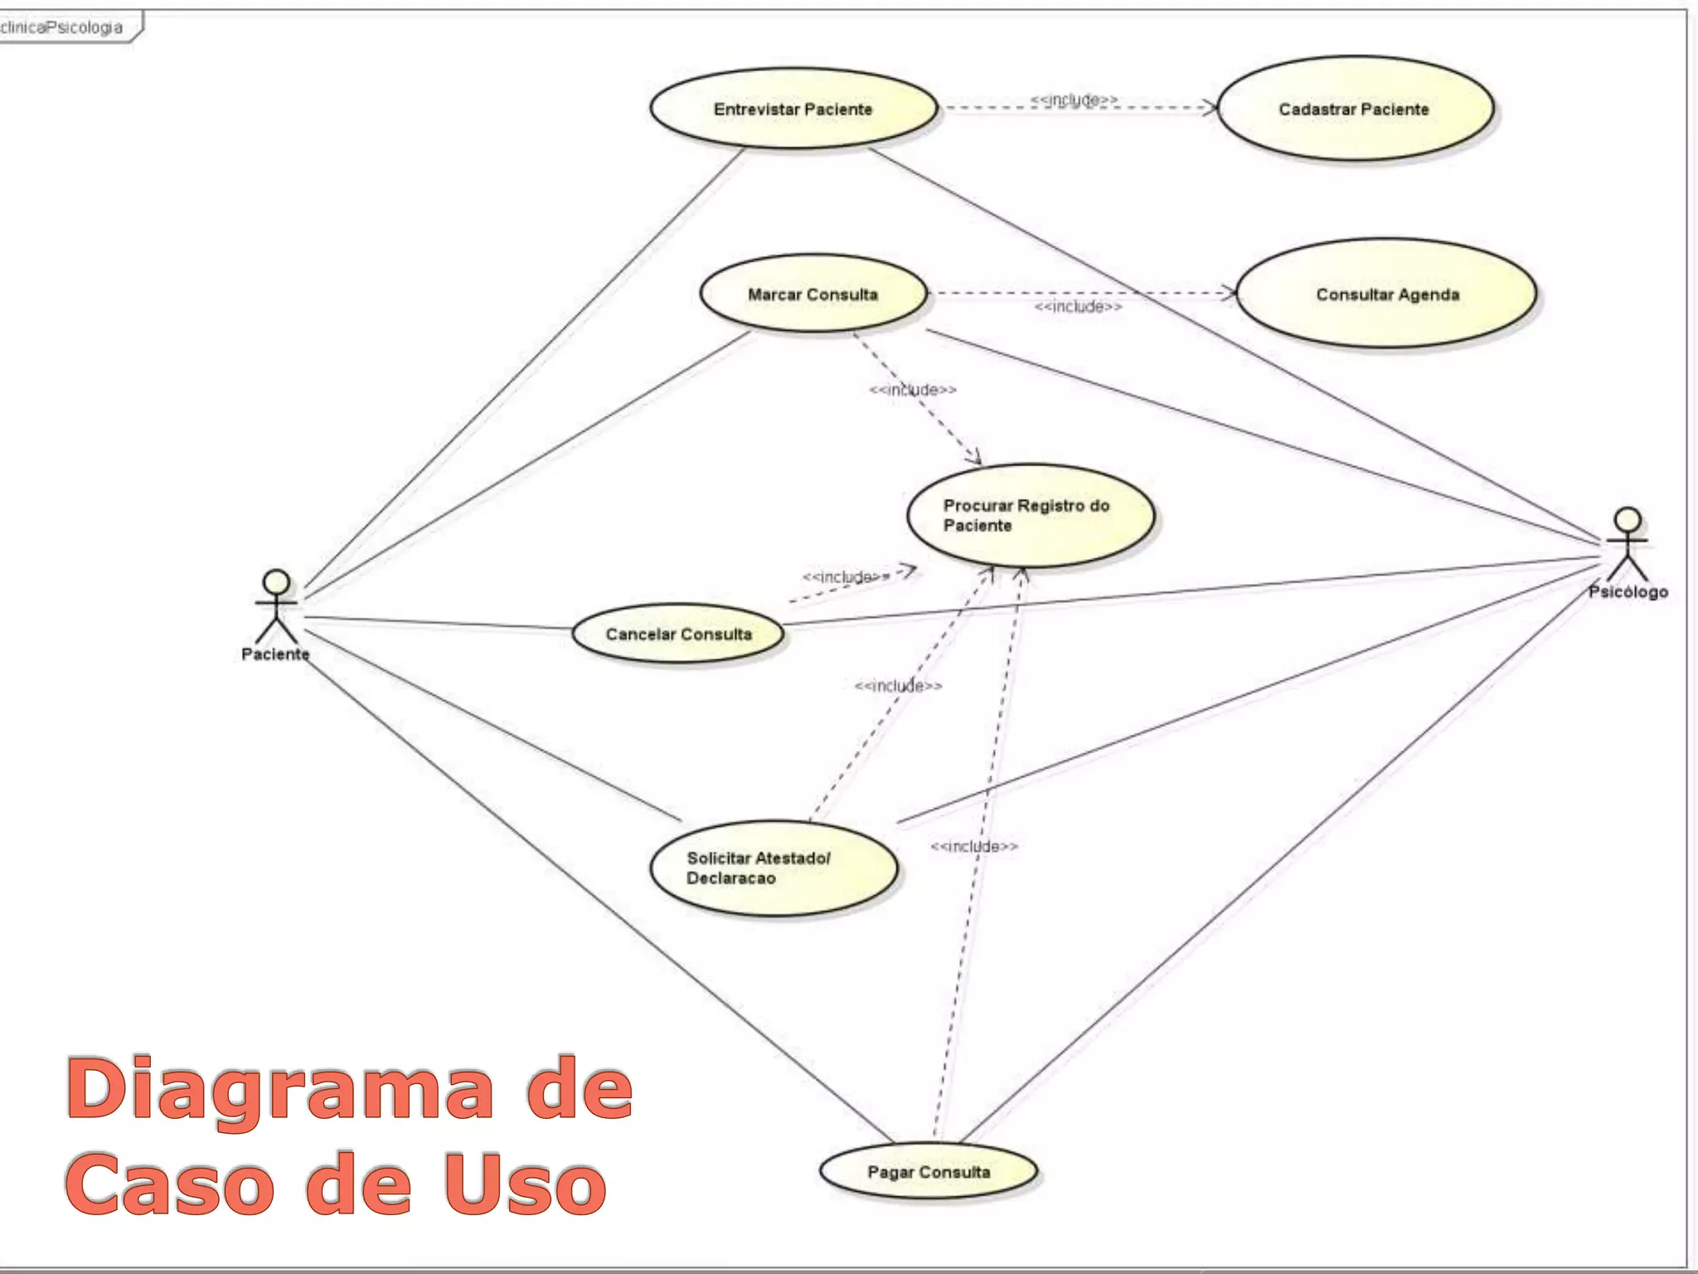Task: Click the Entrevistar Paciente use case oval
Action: [x=793, y=109]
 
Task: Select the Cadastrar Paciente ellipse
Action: [x=1355, y=109]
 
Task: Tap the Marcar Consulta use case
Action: [x=813, y=294]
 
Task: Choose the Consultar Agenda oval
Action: [x=1386, y=294]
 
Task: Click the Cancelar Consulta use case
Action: [x=677, y=635]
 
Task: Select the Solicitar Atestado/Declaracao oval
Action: [x=773, y=868]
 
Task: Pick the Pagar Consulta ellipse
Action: [x=928, y=1172]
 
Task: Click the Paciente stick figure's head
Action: [x=276, y=581]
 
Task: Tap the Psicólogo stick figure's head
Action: [x=1628, y=519]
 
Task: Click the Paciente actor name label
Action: [x=275, y=654]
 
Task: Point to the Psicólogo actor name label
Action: [x=1628, y=592]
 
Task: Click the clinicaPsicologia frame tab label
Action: [x=62, y=27]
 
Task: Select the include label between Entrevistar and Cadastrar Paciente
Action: [x=1074, y=100]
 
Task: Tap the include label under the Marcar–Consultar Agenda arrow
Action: [x=1078, y=307]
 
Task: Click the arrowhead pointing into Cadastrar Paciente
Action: [x=1211, y=107]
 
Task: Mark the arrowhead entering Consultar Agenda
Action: [x=1230, y=293]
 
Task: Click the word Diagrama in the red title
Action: [x=279, y=1088]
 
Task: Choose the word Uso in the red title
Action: [x=524, y=1184]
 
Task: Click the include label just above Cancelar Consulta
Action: [x=846, y=576]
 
